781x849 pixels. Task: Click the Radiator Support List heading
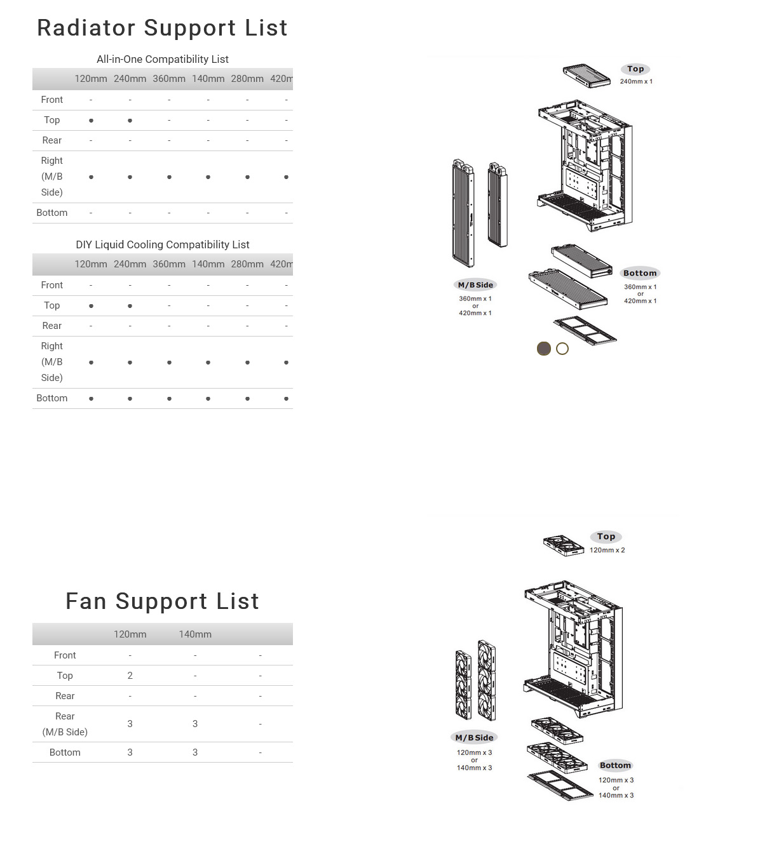pyautogui.click(x=162, y=28)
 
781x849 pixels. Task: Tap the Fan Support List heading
pyautogui.click(x=162, y=601)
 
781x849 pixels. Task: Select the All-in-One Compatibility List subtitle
pyautogui.click(x=162, y=59)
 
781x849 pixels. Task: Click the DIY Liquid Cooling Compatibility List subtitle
pyautogui.click(x=162, y=244)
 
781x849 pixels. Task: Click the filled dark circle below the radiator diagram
pyautogui.click(x=544, y=349)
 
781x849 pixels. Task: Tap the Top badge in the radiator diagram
pyautogui.click(x=635, y=69)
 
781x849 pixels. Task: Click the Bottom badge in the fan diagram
pyautogui.click(x=615, y=765)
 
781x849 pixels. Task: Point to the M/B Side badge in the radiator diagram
pyautogui.click(x=475, y=285)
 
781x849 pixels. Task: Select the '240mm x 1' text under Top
pyautogui.click(x=636, y=81)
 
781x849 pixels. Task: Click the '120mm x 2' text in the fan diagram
pyautogui.click(x=607, y=550)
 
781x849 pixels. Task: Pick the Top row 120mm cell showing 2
pyautogui.click(x=130, y=676)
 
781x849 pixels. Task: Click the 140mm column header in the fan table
pyautogui.click(x=195, y=634)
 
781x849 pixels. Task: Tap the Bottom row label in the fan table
pyautogui.click(x=65, y=752)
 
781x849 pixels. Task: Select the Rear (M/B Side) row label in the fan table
pyautogui.click(x=65, y=724)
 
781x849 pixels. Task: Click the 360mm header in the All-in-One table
pyautogui.click(x=169, y=79)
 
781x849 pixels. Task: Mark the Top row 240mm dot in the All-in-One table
pyautogui.click(x=130, y=121)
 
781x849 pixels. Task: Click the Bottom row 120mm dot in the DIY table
pyautogui.click(x=91, y=399)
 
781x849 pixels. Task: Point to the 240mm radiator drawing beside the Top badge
pyautogui.click(x=587, y=76)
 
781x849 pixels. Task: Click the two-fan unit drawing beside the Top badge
pyautogui.click(x=564, y=545)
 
